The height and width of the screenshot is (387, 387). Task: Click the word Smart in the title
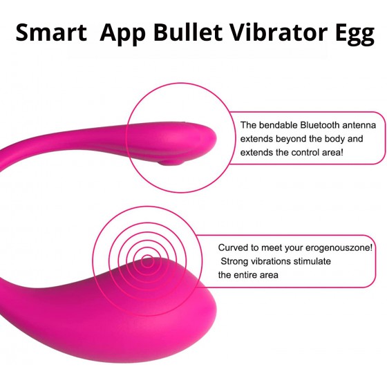pyautogui.click(x=51, y=32)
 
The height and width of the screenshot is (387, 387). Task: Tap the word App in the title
pyautogui.click(x=123, y=34)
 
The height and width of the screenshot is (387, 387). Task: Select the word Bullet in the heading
pyautogui.click(x=188, y=32)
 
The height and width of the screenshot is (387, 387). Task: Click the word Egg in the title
pyautogui.click(x=355, y=34)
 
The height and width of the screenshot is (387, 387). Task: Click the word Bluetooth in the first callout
pyautogui.click(x=319, y=125)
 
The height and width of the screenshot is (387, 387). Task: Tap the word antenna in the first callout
pyautogui.click(x=359, y=125)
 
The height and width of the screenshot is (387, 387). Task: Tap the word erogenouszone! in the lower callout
pyautogui.click(x=339, y=248)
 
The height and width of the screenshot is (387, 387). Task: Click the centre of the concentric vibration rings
pyautogui.click(x=148, y=262)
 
